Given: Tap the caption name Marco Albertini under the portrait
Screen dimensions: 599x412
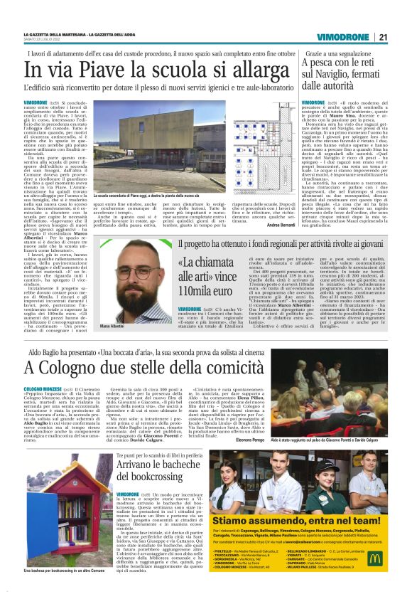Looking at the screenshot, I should click(x=113, y=305).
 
